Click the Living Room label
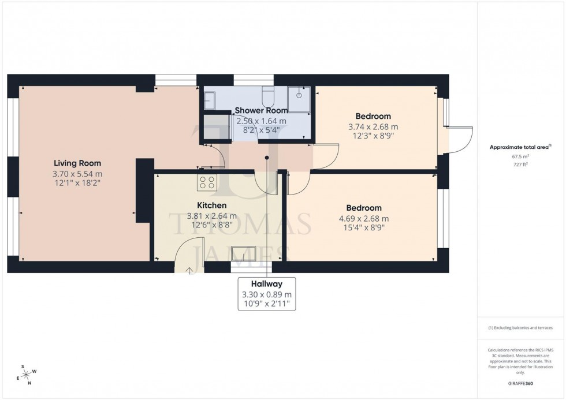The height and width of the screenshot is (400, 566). click(77, 163)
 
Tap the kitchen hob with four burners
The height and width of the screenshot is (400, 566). click(207, 183)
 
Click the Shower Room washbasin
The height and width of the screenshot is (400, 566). click(208, 101)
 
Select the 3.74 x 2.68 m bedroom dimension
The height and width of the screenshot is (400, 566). click(373, 126)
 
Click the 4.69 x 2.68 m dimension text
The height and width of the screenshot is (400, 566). click(364, 218)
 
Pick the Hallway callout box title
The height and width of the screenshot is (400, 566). click(266, 284)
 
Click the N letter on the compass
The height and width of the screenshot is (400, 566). click(29, 383)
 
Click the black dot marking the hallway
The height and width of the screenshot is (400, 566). click(267, 157)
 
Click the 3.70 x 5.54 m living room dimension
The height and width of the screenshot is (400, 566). click(77, 173)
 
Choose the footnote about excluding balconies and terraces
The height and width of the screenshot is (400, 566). click(520, 327)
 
